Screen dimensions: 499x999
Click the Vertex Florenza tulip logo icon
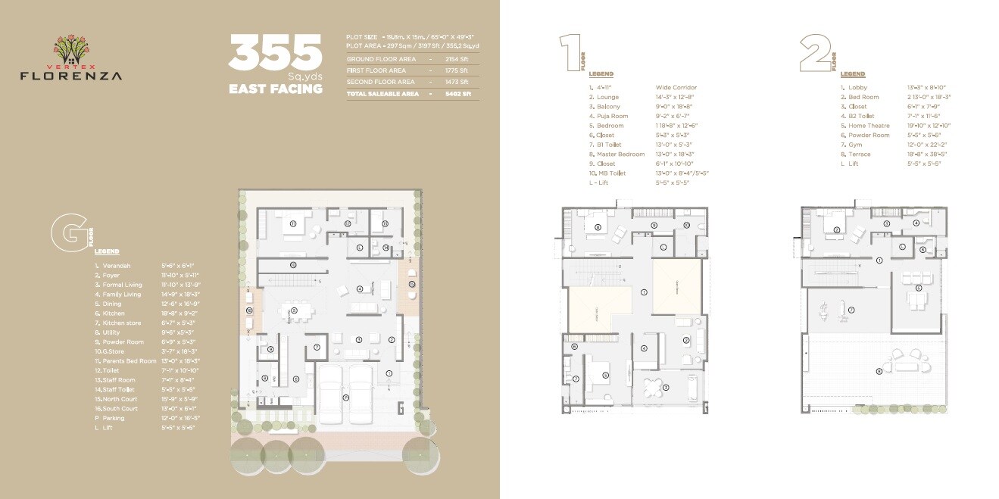(70, 47)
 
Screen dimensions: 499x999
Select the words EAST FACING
(275, 89)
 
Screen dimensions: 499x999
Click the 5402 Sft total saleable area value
(457, 94)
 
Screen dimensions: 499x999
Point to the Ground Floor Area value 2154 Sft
(457, 59)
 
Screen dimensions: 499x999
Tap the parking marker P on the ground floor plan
(345, 397)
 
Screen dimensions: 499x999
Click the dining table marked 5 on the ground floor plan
(294, 310)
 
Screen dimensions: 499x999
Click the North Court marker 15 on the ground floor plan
(411, 283)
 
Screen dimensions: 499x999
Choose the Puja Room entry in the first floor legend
(612, 116)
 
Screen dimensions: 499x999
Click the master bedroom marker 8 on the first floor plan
(598, 226)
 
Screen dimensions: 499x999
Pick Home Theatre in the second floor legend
(868, 126)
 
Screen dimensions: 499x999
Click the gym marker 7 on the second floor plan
(851, 310)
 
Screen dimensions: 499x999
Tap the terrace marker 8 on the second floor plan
(879, 370)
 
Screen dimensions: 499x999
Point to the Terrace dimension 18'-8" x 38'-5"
(928, 154)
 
